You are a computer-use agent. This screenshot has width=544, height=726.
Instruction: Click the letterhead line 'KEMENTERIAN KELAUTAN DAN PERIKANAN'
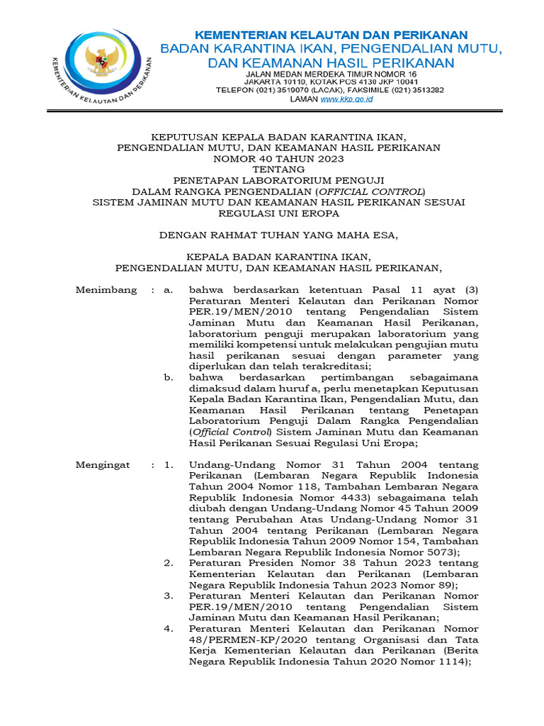pos(331,35)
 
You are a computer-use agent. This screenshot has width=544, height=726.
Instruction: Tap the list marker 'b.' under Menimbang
pos(169,378)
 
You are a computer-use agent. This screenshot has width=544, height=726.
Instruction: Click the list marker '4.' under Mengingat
pos(169,628)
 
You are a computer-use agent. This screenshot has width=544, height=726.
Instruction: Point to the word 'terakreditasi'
pos(339,367)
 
